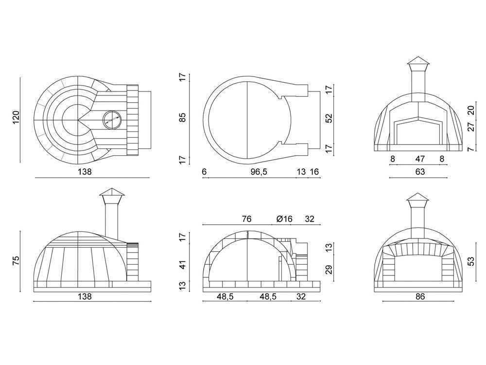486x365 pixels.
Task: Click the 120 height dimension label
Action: [x=16, y=118]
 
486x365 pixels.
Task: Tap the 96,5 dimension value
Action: [x=259, y=172]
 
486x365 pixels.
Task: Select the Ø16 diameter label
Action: [x=284, y=219]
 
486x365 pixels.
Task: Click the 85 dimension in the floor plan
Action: [x=183, y=117]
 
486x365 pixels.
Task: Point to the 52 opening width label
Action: [x=329, y=118]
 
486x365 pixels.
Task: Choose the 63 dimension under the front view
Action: [x=419, y=172]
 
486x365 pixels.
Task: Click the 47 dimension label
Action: [x=419, y=159]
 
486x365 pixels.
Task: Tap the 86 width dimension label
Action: [x=419, y=297]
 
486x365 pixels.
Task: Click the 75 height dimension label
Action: [x=16, y=260]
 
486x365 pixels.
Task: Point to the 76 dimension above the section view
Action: [x=246, y=219]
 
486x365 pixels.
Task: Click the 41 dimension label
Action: [x=183, y=265]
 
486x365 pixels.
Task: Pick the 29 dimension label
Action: [x=329, y=270]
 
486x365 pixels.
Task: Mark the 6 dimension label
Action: [x=204, y=172]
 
